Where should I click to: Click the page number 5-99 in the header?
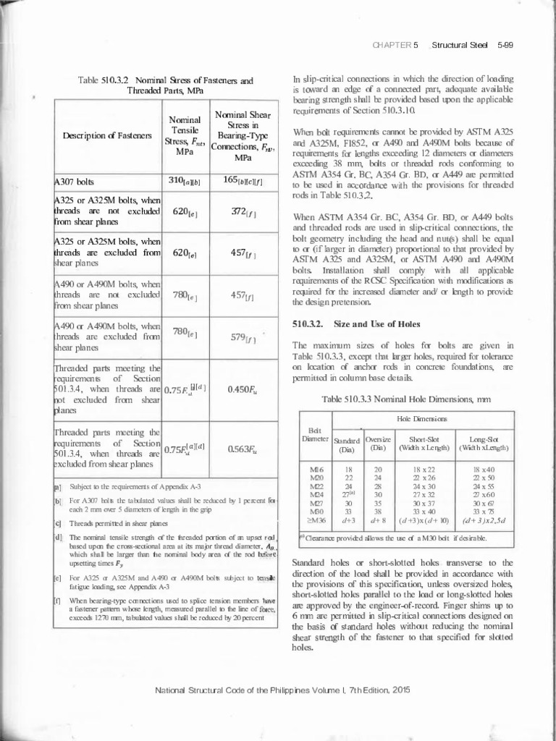point(505,45)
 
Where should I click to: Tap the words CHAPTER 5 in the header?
point(395,45)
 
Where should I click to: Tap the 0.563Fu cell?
point(240,448)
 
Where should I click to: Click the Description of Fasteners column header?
point(107,135)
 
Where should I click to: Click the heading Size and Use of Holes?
point(370,323)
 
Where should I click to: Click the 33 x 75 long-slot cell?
point(482,510)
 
